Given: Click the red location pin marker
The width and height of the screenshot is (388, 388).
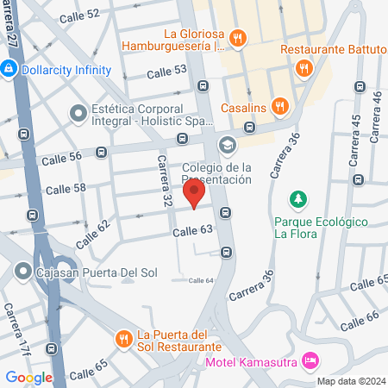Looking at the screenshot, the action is pyautogui.click(x=194, y=192).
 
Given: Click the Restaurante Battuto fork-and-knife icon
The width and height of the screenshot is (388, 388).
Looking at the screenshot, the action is pyautogui.click(x=304, y=68).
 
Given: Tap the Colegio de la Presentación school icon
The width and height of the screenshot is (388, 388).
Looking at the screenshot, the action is pyautogui.click(x=228, y=144).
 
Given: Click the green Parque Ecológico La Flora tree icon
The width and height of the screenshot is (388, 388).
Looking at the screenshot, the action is pyautogui.click(x=299, y=200).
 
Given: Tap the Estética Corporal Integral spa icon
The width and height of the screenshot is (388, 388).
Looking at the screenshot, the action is pyautogui.click(x=78, y=112).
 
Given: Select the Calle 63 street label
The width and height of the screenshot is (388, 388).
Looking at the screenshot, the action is pyautogui.click(x=191, y=231).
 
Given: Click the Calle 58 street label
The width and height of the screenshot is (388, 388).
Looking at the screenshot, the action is pyautogui.click(x=66, y=189).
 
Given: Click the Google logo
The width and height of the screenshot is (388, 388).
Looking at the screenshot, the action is pyautogui.click(x=28, y=377).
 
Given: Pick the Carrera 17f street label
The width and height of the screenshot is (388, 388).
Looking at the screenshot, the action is pyautogui.click(x=18, y=329).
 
